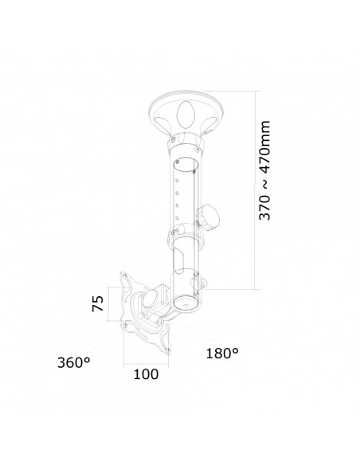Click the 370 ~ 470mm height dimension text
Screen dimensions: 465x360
(266, 170)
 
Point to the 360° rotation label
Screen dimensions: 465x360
(74, 362)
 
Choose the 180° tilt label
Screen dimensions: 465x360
(222, 351)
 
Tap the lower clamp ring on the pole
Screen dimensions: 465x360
(185, 236)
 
